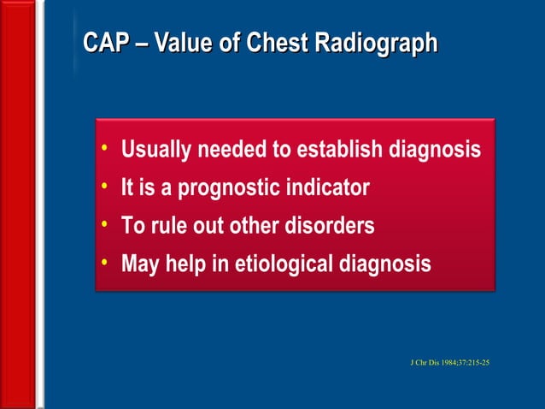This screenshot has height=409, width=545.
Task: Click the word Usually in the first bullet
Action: tap(157, 151)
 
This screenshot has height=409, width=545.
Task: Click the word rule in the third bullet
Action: tap(171, 227)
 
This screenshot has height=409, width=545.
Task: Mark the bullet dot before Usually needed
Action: tap(104, 149)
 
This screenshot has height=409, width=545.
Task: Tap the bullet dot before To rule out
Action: tap(104, 225)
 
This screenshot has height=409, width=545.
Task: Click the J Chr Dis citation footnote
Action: tap(449, 363)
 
